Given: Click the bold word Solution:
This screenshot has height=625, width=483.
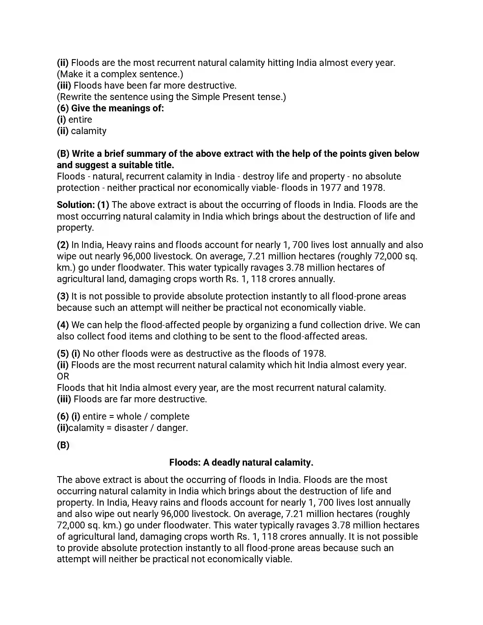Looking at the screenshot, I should (x=76, y=205).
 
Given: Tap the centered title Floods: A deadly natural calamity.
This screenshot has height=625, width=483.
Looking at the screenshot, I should (x=241, y=463).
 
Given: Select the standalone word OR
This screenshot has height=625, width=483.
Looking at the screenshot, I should (x=63, y=376).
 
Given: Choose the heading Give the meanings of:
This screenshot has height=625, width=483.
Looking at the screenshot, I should (x=117, y=108).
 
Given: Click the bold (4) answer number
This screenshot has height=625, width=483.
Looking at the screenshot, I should (x=63, y=325).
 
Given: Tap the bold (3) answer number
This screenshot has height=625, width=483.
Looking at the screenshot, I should (x=63, y=297).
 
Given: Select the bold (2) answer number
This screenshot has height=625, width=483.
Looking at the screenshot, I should (x=63, y=245).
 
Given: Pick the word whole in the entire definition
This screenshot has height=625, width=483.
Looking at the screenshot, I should (x=129, y=416).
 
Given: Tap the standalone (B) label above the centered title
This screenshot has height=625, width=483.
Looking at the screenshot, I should (x=63, y=445).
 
